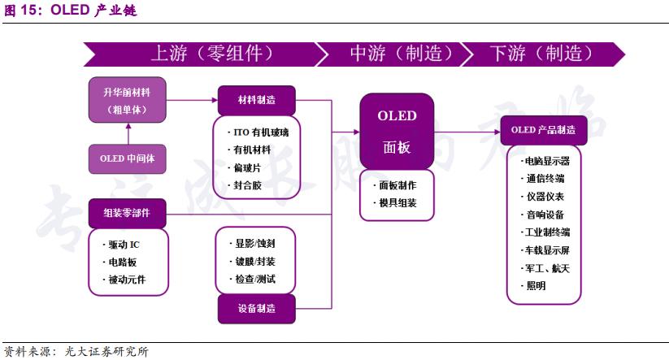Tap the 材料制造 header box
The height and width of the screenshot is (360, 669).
coord(256,100)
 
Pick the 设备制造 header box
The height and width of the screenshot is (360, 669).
coord(256,308)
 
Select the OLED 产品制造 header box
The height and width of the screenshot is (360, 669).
coord(543,129)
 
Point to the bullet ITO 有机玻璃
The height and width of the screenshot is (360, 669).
coord(256,132)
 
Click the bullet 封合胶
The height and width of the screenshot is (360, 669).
coord(247,185)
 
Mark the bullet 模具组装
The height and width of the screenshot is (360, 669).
coord(397,202)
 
